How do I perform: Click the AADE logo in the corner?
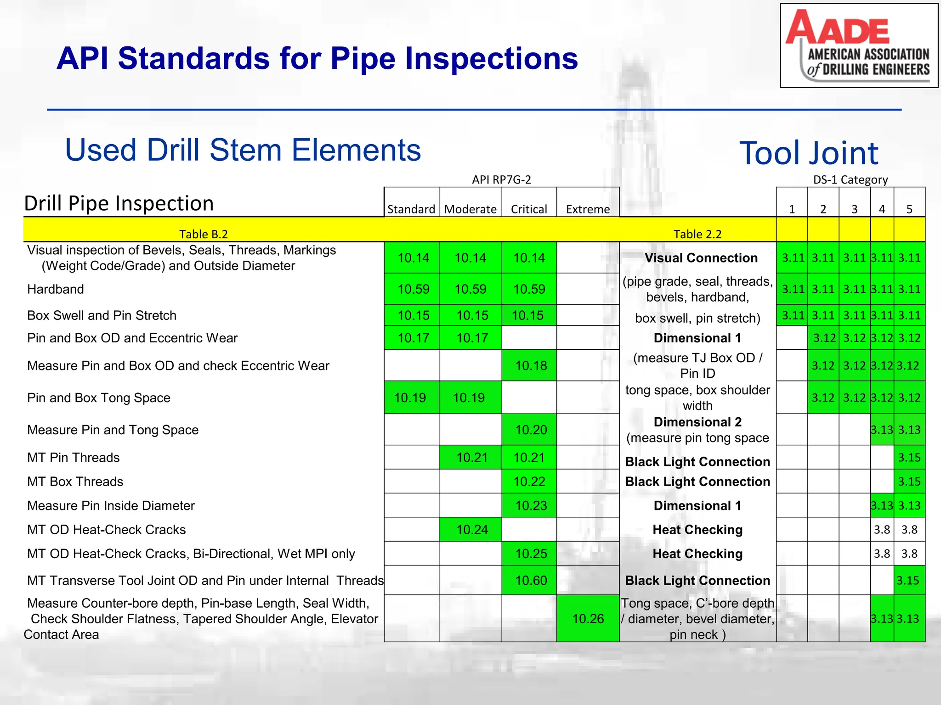858,45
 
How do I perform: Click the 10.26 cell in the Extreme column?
588,619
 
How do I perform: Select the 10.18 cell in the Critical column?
531,366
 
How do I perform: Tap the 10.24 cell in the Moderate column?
472,530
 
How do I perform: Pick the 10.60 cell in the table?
531,581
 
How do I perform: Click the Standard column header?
411,209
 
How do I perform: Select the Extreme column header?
588,209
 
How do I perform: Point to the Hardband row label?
56,289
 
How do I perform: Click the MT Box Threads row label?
75,481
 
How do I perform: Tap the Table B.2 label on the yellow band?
203,234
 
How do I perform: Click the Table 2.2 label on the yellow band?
697,234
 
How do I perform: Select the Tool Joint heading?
808,153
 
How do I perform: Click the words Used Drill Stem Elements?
243,150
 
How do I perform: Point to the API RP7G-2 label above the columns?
501,179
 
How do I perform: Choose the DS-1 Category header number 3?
854,209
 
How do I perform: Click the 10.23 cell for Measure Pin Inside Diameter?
531,505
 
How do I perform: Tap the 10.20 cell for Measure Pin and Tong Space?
531,430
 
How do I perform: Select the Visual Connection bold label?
701,258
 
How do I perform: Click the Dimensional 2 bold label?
697,422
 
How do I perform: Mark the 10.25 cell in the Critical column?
531,554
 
